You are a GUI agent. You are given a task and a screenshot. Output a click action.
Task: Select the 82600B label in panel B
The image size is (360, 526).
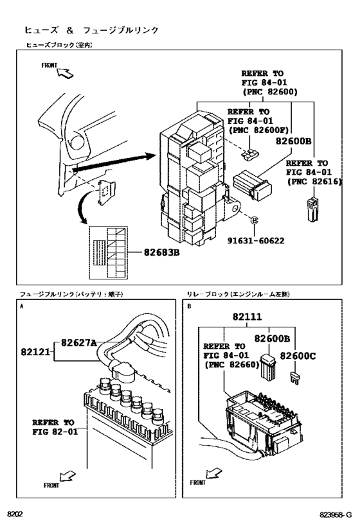(272, 338)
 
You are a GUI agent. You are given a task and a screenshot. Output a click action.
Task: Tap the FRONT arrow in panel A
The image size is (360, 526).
(66, 477)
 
